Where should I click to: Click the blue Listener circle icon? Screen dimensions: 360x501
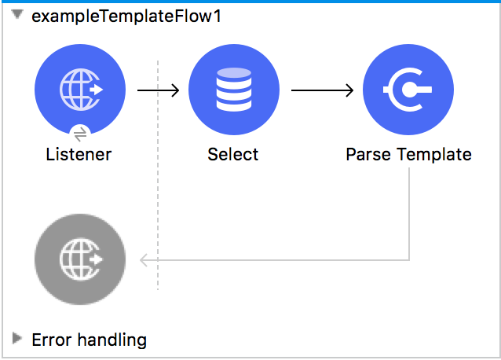(80, 89)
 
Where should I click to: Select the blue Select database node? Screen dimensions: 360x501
(233, 89)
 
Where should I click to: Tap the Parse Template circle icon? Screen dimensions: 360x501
(408, 89)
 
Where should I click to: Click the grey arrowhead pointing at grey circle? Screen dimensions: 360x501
(144, 260)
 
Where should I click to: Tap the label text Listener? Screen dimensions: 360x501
(79, 154)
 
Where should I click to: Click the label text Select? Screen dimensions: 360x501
(233, 154)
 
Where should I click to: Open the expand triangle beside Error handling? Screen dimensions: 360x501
(17, 339)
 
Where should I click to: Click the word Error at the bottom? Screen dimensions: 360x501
(50, 340)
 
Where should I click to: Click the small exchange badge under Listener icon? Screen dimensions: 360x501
(80, 134)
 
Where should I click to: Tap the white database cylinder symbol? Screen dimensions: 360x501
(233, 88)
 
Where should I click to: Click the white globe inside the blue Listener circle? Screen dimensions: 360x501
(77, 89)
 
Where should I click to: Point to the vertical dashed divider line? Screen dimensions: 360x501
(158, 197)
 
